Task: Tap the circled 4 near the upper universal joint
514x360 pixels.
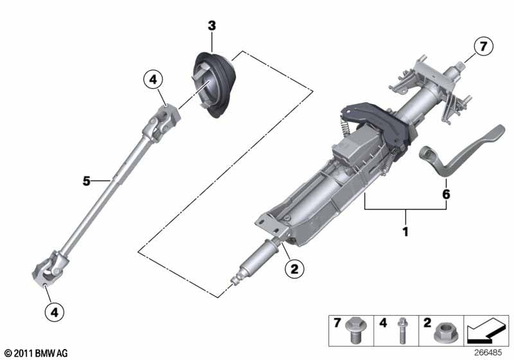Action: [153, 80]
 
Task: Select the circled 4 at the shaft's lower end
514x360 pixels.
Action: [55, 312]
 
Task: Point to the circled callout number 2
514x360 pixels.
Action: [294, 270]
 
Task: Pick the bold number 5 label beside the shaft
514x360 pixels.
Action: [87, 181]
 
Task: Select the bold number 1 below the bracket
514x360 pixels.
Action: [405, 230]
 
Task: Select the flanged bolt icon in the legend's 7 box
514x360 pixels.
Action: [352, 328]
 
